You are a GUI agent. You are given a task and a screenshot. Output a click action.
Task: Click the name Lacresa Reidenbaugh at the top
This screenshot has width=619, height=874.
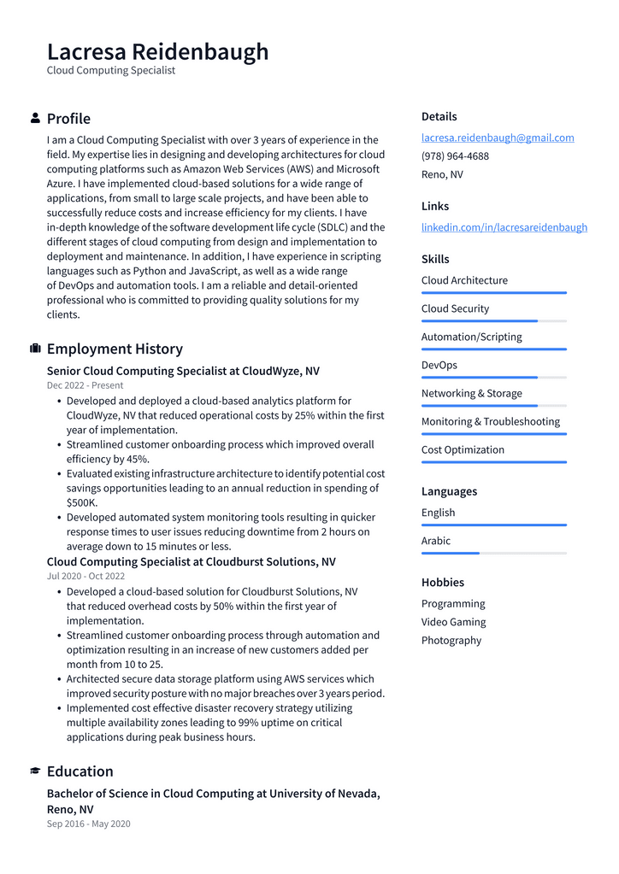tap(157, 51)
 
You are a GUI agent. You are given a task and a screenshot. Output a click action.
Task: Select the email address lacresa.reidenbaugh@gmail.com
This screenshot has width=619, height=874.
tap(497, 138)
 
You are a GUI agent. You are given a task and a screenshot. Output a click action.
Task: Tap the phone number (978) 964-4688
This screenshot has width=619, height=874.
tap(455, 156)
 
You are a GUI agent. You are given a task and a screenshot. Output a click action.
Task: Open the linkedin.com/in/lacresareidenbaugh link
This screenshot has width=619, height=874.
tap(504, 227)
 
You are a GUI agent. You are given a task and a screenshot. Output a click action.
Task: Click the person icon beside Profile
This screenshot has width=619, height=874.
tap(35, 118)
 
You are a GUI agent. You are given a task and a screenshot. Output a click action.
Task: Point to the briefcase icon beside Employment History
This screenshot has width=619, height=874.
tap(35, 349)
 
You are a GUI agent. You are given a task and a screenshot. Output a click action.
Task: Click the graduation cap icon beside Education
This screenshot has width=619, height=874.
tap(35, 771)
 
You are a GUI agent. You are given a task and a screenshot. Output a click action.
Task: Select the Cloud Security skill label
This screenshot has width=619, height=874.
tap(455, 308)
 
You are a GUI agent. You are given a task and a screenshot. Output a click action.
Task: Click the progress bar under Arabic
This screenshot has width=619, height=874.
tap(493, 553)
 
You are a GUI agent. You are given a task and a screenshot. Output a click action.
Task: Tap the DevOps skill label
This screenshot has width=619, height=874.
tap(439, 365)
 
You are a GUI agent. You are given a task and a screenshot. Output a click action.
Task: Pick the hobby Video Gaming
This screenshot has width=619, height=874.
tap(453, 622)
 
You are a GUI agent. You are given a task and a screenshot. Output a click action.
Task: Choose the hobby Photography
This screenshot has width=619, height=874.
tap(451, 640)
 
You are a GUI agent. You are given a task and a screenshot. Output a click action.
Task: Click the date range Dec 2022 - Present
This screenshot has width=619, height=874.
tap(85, 385)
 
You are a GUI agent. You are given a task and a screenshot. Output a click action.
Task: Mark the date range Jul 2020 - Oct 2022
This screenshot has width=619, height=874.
tap(85, 576)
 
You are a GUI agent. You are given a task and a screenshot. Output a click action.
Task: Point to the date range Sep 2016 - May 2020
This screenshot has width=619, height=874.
tap(88, 824)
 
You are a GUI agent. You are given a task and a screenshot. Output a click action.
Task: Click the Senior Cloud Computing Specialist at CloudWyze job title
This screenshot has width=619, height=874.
tap(183, 371)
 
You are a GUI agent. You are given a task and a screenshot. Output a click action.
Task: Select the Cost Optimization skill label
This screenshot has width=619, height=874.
tap(463, 449)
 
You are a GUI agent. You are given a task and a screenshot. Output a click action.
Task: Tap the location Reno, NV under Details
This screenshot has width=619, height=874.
tap(442, 174)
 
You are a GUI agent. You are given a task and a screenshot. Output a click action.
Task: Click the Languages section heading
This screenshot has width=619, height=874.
tap(449, 491)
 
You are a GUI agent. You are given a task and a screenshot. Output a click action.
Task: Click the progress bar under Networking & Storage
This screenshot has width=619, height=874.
tap(493, 406)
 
